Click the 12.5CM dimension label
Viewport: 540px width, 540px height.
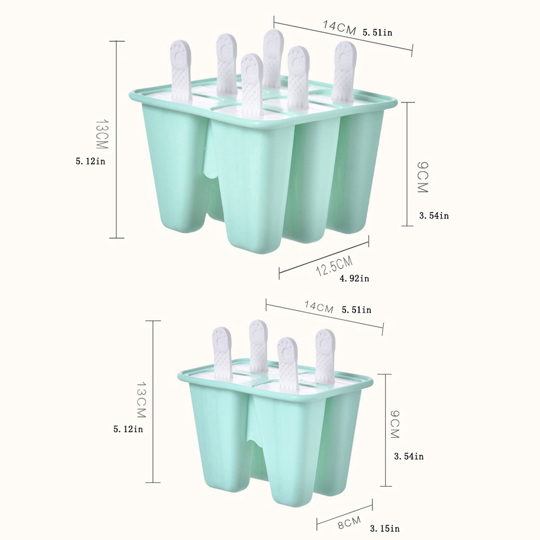pyautogui.click(x=334, y=266)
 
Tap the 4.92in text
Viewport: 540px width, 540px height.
pyautogui.click(x=355, y=278)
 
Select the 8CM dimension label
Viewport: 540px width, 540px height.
pyautogui.click(x=349, y=522)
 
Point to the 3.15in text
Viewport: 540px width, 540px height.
pyautogui.click(x=385, y=528)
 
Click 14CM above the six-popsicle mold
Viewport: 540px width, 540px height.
pyautogui.click(x=339, y=27)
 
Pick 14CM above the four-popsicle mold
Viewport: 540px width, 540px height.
pyautogui.click(x=319, y=307)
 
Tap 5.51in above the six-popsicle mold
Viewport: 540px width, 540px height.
pyautogui.click(x=377, y=33)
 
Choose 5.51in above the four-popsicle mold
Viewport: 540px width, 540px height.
pyautogui.click(x=356, y=310)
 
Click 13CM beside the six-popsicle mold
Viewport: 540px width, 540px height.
pyautogui.click(x=102, y=134)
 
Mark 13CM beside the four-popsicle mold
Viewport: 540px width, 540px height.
pyautogui.click(x=142, y=399)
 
